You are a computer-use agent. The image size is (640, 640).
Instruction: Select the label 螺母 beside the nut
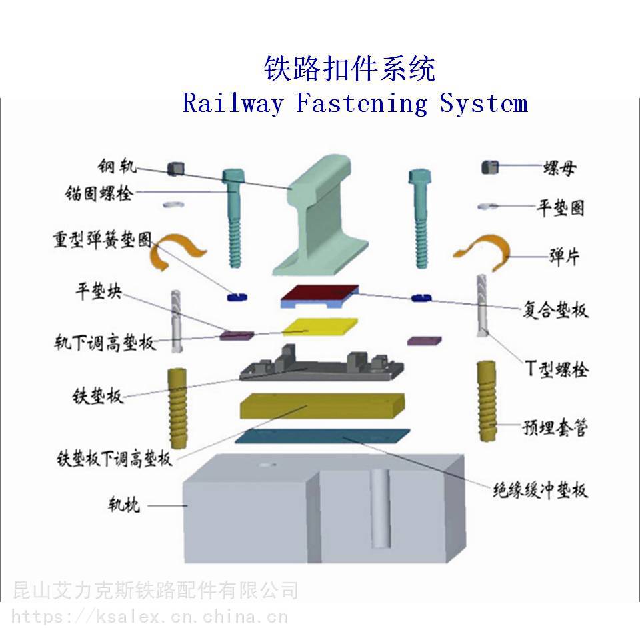coord(559,168)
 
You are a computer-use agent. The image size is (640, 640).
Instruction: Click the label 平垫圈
coord(561,208)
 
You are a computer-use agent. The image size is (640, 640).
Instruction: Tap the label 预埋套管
coord(554,427)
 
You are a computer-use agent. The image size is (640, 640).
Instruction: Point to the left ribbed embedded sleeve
coord(178,409)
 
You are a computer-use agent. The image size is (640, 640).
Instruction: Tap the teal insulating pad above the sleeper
coord(321,436)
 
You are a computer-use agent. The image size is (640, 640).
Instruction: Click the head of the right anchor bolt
coord(419,177)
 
